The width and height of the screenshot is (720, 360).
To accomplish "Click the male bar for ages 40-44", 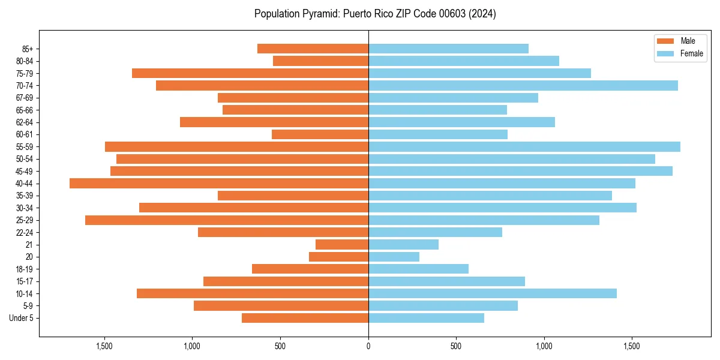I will tap(219, 184).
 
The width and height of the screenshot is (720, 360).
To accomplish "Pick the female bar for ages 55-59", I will tap(524, 147).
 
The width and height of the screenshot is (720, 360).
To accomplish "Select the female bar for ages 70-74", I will tap(523, 86).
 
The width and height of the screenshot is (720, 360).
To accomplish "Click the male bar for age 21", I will tap(342, 245).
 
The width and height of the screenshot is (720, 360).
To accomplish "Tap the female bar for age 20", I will tap(394, 257).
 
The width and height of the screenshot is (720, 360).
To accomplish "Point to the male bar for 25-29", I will tap(227, 220).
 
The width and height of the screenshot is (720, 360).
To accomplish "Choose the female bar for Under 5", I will tap(426, 318).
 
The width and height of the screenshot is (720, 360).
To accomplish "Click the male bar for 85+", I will tap(313, 49).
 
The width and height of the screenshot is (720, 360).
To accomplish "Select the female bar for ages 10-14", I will tap(493, 293).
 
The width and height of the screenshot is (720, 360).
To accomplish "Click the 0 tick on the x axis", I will tap(368, 347).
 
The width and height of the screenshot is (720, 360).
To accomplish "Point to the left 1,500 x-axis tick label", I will tap(104, 347).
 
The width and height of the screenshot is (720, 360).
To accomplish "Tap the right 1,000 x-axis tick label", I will tap(544, 347).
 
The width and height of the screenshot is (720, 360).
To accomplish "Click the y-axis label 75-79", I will tap(25, 74).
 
